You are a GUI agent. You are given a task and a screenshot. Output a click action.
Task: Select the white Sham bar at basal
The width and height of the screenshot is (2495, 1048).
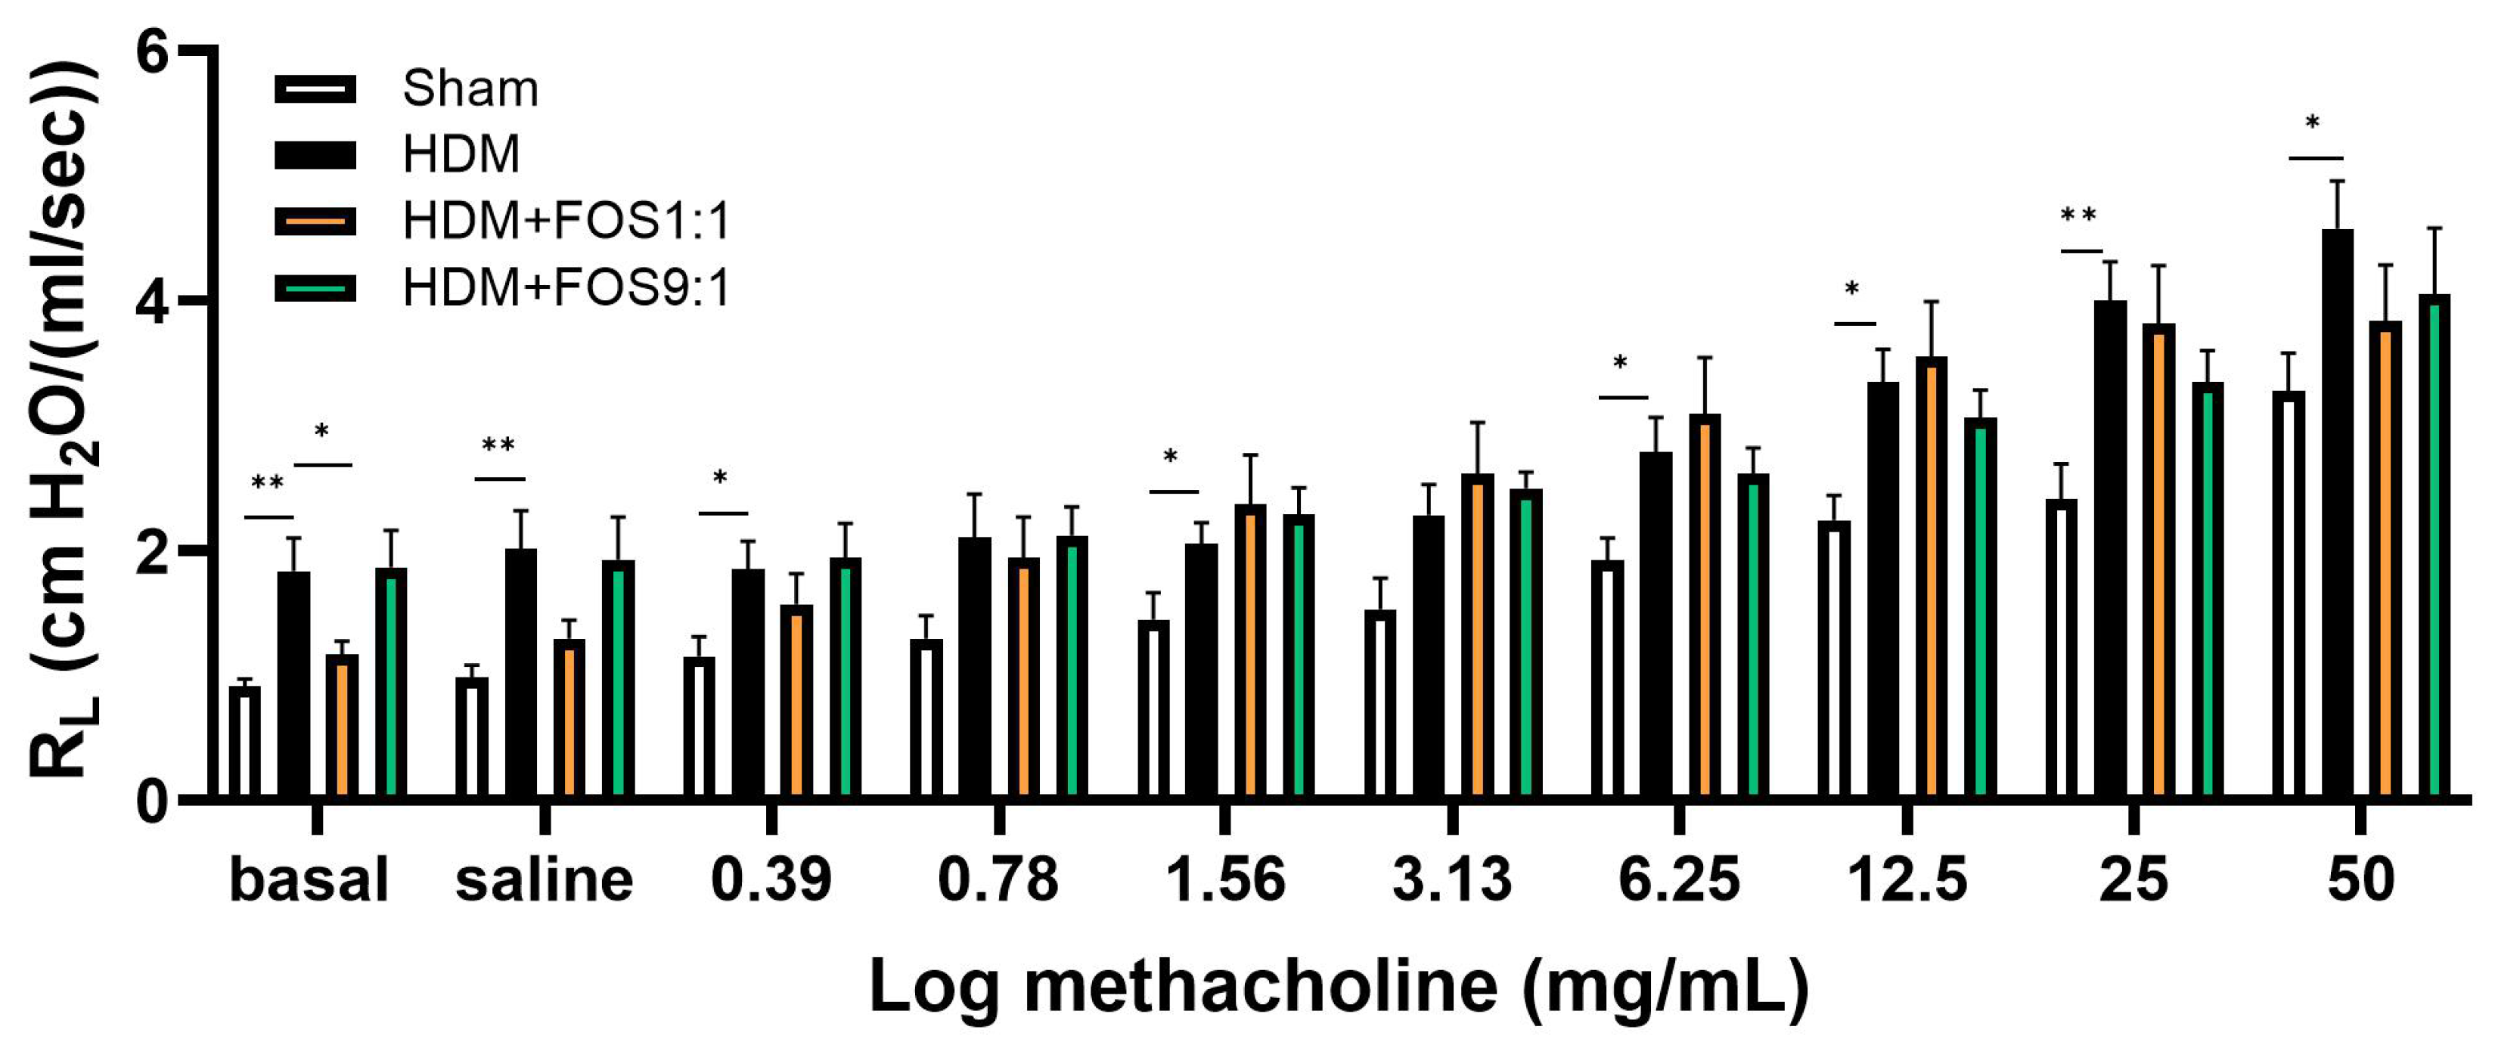tap(245, 741)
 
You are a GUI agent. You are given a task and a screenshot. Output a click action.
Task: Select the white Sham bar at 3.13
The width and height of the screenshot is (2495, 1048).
tap(1380, 703)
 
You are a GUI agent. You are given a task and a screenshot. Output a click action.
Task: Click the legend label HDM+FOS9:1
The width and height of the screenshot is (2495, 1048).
tap(566, 287)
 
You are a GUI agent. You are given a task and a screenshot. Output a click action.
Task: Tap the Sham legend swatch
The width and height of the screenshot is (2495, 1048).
tap(315, 89)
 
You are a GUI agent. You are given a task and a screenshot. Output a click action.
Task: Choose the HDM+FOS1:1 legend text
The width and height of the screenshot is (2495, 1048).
tap(566, 221)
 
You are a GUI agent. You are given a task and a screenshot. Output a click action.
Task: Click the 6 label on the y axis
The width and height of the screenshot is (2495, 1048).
tap(153, 51)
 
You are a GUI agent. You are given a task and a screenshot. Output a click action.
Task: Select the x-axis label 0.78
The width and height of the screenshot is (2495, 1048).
tap(998, 879)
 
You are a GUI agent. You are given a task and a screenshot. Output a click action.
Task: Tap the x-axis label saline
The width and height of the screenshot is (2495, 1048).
tap(545, 879)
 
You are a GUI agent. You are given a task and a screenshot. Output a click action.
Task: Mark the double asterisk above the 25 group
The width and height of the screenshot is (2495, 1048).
tap(2078, 215)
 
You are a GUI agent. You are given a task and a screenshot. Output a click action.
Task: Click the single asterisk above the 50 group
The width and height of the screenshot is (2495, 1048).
tap(2312, 123)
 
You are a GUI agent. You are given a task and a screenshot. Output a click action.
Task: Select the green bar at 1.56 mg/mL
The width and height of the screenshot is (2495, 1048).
tap(1299, 655)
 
